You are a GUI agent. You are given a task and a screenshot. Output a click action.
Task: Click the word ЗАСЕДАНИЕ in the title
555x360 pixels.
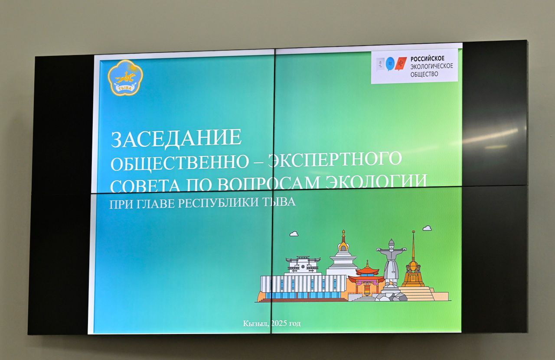click(x=176, y=138)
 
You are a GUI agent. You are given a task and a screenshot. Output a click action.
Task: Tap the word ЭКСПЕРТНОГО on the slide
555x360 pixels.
click(x=335, y=159)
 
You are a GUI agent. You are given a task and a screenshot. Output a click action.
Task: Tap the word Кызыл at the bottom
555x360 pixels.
click(x=256, y=323)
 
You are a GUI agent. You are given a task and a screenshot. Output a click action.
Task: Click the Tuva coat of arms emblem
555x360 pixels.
click(x=125, y=78)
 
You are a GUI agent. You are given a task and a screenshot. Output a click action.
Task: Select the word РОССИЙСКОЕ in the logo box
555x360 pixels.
click(x=428, y=59)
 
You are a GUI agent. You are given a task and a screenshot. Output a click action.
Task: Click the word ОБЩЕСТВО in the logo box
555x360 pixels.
click(x=424, y=74)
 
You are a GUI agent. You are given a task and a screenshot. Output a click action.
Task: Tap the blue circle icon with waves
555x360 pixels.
click(x=390, y=64)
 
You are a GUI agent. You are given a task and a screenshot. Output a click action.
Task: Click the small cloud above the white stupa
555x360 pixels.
click(x=294, y=234)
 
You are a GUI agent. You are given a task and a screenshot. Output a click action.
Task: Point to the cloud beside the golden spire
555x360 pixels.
click(x=427, y=228)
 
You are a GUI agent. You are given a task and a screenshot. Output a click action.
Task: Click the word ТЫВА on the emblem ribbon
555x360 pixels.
click(x=124, y=88)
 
